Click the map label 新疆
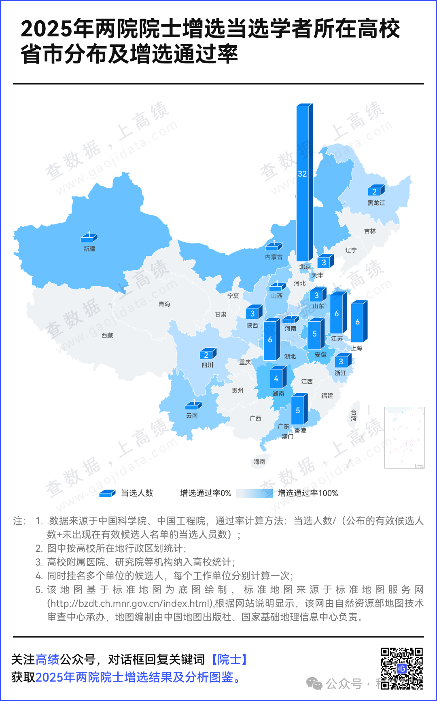pyautogui.click(x=89, y=249)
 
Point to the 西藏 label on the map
pyautogui.click(x=107, y=335)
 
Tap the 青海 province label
pyautogui.click(x=164, y=304)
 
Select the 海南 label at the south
pyautogui.click(x=259, y=462)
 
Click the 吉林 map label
pyautogui.click(x=370, y=231)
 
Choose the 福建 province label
pyautogui.click(x=327, y=396)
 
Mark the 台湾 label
pyautogui.click(x=354, y=416)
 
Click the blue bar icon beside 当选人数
pyautogui.click(x=108, y=493)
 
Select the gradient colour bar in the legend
pyautogui.click(x=254, y=493)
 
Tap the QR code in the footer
pyautogui.click(x=401, y=668)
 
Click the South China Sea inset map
pyautogui.click(x=404, y=437)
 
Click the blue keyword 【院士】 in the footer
pyautogui.click(x=229, y=659)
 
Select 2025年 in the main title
pyautogui.click(x=57, y=29)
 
